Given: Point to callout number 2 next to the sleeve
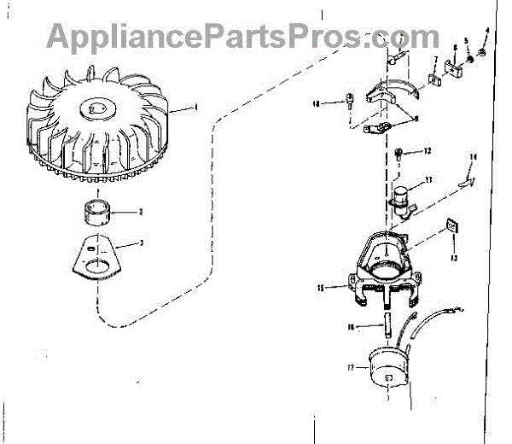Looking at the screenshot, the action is click(141, 212).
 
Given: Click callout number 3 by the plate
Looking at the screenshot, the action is click(142, 243).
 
